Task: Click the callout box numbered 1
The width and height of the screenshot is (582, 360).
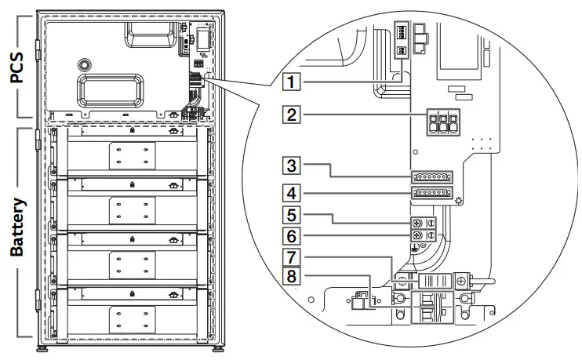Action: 291,80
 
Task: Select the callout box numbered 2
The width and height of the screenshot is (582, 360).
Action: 291,115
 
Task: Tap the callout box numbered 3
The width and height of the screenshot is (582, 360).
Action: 291,165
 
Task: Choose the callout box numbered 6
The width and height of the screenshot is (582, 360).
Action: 291,235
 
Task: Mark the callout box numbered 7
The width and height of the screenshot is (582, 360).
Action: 291,256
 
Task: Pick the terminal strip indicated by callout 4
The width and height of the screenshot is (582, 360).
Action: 430,193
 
